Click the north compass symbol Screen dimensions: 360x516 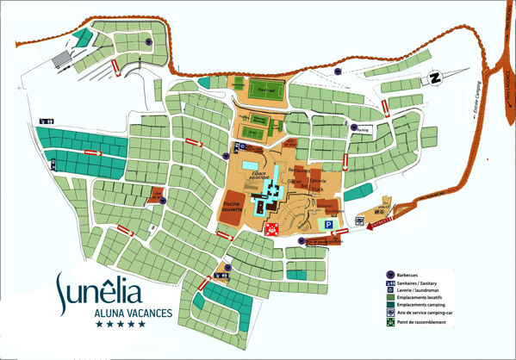436,79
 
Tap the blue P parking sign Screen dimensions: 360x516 327,224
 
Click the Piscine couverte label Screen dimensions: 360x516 231,206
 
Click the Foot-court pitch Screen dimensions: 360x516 264,88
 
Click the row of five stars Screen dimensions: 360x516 119,325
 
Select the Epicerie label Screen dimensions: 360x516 320,177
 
